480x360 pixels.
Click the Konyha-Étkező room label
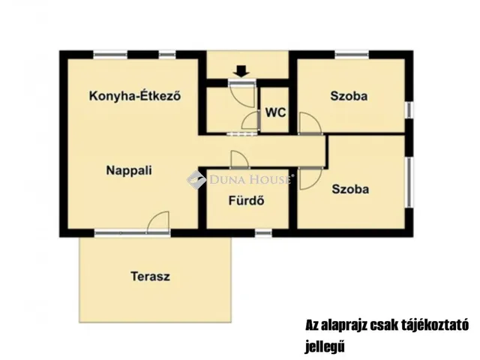(x=135, y=96)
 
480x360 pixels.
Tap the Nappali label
(x=129, y=170)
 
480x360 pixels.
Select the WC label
(x=275, y=112)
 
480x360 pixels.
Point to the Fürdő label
(x=247, y=201)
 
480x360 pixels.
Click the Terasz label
(x=150, y=277)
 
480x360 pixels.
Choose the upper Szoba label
(x=349, y=96)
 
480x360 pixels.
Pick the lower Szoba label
(x=350, y=189)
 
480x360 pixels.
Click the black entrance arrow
(x=241, y=71)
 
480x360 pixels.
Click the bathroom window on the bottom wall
(x=263, y=233)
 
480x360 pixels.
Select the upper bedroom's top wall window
(x=352, y=55)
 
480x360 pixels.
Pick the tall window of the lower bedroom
(x=409, y=182)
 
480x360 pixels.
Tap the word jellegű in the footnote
(x=325, y=346)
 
